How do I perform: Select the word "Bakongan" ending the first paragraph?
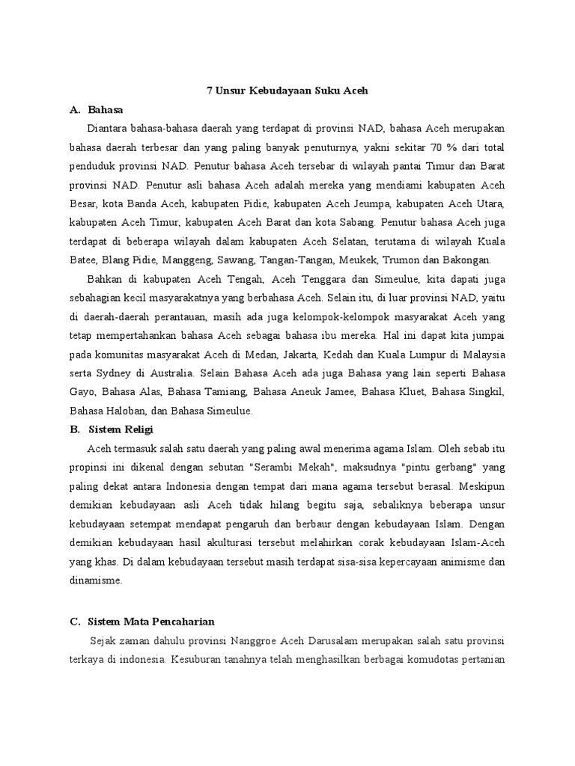[x=468, y=260]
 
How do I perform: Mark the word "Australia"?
[x=164, y=373]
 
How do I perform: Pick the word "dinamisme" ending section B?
[x=94, y=580]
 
